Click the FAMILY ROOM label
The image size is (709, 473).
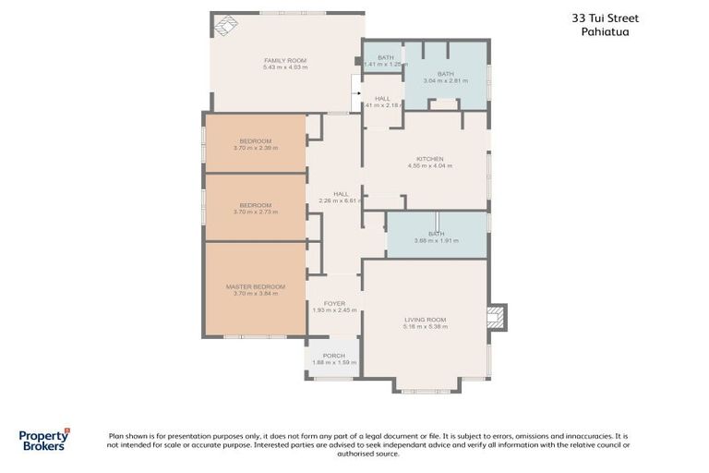[284, 60]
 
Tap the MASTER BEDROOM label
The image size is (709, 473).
[256, 286]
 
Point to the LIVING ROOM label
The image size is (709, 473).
[426, 320]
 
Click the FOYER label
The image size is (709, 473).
[334, 303]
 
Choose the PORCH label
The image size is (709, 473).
[333, 356]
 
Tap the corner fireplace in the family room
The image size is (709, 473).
[225, 26]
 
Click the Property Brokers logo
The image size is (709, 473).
[44, 439]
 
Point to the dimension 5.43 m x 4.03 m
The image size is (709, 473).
[285, 67]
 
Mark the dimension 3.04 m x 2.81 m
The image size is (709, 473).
[446, 81]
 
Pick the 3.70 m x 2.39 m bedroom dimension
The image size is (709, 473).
[256, 148]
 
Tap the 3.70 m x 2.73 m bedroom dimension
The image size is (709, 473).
[256, 212]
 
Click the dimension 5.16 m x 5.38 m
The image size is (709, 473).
[426, 327]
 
